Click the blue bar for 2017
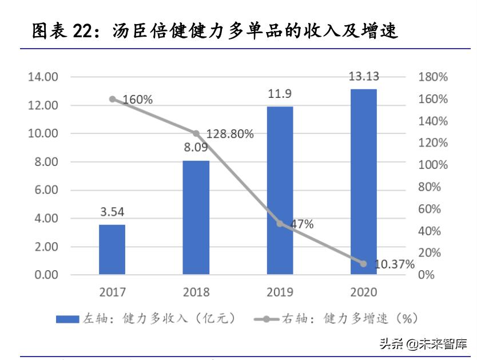click(112, 250)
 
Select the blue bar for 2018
click(196, 217)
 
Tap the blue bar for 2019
click(280, 191)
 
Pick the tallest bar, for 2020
click(364, 181)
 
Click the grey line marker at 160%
click(112, 99)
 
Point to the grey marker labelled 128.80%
click(196, 133)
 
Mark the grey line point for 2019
click(280, 223)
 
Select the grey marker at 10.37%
click(364, 264)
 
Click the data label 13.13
click(364, 77)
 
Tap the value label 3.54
click(112, 212)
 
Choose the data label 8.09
click(196, 148)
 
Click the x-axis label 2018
click(196, 292)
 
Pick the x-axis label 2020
click(364, 292)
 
